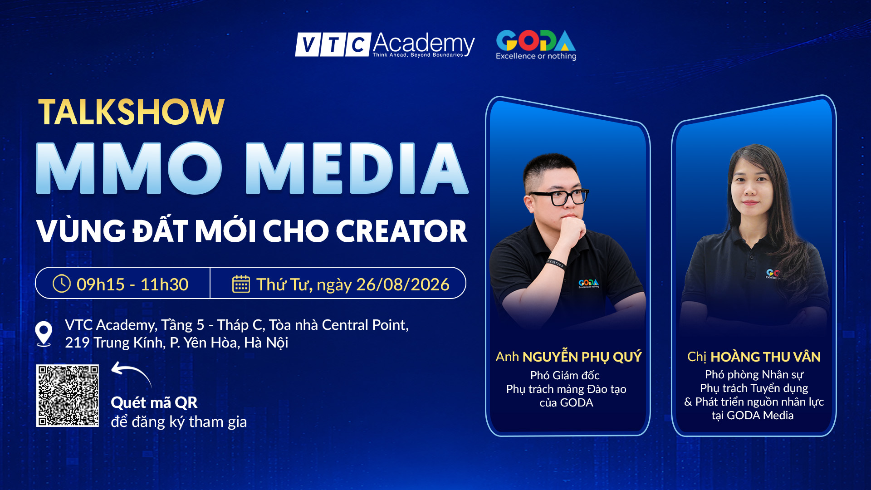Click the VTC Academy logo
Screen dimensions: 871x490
[385, 45]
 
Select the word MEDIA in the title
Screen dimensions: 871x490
[357, 168]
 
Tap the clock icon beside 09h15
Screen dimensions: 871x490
[62, 284]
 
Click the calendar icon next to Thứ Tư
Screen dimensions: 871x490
[241, 284]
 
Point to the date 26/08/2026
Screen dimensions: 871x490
[403, 284]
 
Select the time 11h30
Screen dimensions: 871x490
[164, 284]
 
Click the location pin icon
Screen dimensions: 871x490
[44, 334]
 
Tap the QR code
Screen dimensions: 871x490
[68, 396]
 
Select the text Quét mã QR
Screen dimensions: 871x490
[154, 402]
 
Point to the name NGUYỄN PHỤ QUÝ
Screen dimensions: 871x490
[582, 357]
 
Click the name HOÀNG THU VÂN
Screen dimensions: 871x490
[766, 357]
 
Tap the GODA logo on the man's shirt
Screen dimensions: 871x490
[588, 284]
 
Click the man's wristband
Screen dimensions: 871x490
[556, 263]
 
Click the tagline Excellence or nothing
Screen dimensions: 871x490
[536, 56]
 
